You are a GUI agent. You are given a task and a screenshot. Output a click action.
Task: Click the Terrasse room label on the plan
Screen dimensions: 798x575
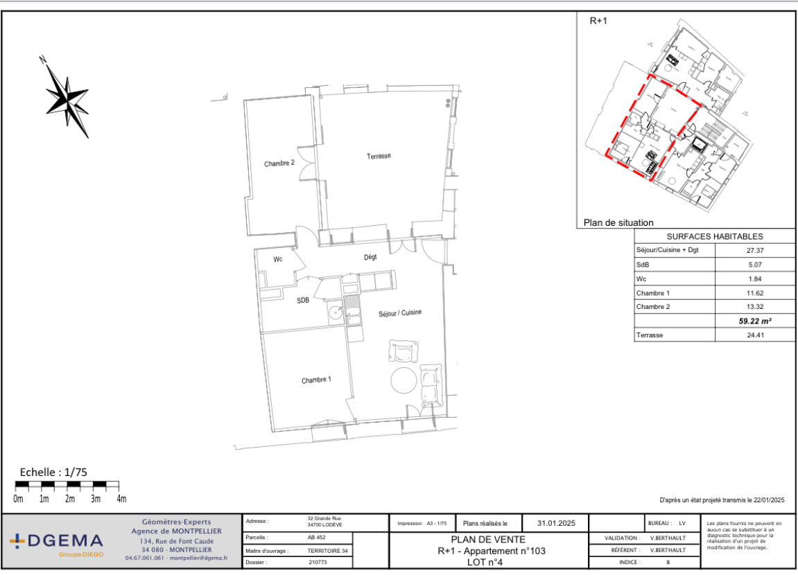[379, 156]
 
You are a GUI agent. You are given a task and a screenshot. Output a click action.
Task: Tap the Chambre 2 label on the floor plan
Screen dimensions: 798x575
[279, 163]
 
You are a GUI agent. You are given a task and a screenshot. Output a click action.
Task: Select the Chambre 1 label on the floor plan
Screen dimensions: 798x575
[316, 380]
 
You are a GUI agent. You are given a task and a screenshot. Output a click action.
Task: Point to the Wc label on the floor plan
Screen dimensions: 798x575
[278, 259]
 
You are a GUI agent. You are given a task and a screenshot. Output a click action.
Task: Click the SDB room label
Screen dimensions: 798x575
[303, 301]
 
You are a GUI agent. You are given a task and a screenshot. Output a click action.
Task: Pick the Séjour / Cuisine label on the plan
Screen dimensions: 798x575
[400, 312]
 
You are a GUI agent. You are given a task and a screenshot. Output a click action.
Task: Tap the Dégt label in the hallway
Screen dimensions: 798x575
[370, 257]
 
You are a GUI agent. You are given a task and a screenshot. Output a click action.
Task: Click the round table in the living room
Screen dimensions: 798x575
[404, 380]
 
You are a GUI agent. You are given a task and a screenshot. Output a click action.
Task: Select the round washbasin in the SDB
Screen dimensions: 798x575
[336, 312]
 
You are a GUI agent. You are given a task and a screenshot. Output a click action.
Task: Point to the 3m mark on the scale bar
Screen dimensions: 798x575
[96, 499]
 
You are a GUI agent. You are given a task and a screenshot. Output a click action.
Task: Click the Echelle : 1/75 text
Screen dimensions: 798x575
[53, 472]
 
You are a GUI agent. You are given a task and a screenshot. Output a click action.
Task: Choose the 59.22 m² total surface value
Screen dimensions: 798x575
[755, 321]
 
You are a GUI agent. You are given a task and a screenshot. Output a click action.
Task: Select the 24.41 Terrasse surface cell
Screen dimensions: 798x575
[755, 335]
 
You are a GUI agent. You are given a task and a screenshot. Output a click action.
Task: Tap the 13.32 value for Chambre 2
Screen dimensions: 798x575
[755, 307]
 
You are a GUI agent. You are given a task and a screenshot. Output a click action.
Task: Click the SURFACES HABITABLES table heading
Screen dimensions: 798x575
[715, 236]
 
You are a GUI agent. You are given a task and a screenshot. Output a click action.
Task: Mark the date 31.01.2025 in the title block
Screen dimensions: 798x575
[556, 522]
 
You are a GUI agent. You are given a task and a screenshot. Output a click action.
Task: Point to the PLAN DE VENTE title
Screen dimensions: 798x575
[488, 540]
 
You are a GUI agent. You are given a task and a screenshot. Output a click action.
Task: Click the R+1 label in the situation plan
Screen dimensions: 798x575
[598, 21]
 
